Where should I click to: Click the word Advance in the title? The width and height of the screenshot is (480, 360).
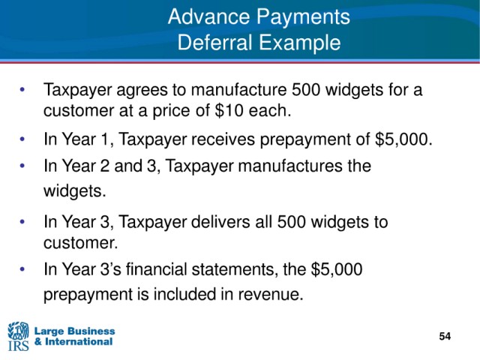208,16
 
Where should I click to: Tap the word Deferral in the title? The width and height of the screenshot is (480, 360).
214,43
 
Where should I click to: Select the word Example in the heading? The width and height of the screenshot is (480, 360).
300,43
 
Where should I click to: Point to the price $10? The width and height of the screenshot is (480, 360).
229,110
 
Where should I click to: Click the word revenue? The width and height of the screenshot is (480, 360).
271,295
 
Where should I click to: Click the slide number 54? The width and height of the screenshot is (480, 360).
445,337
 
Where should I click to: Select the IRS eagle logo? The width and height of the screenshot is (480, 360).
18,336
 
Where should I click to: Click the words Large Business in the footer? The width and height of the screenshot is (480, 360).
75,331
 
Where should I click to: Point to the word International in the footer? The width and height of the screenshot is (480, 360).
79,342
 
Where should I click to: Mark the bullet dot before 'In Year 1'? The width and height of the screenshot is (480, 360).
22,139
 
